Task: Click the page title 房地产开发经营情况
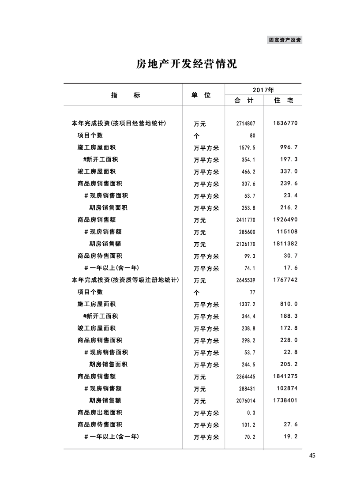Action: click(186, 64)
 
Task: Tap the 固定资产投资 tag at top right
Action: click(285, 40)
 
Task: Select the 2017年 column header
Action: click(263, 90)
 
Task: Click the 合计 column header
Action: click(244, 101)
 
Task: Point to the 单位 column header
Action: click(201, 95)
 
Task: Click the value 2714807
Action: click(246, 124)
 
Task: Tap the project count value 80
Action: click(252, 136)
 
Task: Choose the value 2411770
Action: click(246, 220)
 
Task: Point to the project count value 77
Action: click(253, 292)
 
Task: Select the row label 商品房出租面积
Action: click(100, 412)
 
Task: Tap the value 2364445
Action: click(246, 377)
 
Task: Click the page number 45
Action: click(312, 456)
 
